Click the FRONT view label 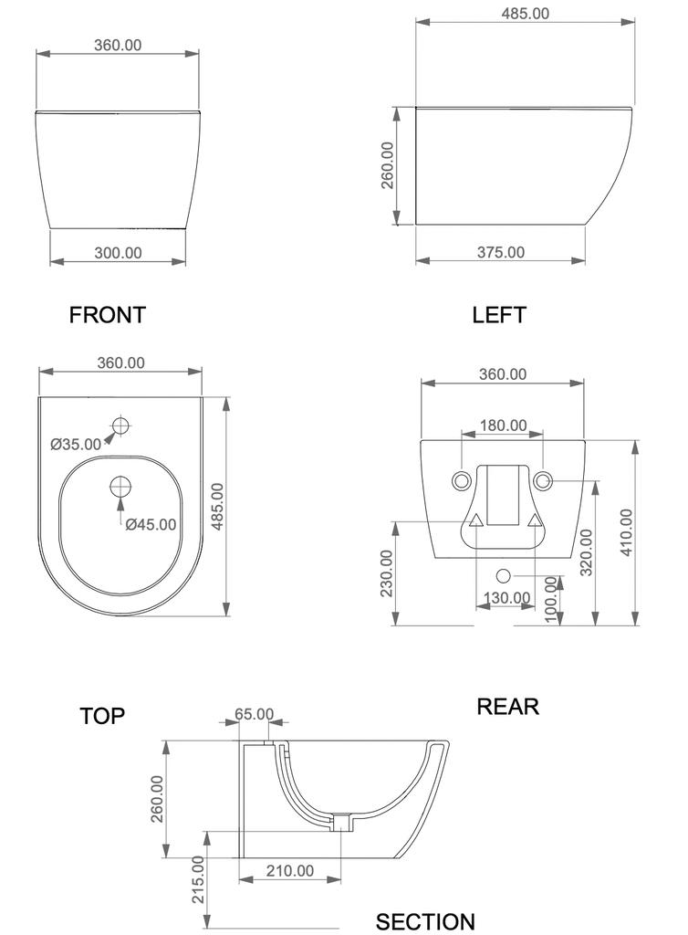click(x=108, y=315)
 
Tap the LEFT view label click(x=499, y=315)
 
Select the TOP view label click(x=102, y=716)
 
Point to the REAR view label click(x=508, y=707)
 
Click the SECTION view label click(x=425, y=922)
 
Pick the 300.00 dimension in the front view click(x=118, y=253)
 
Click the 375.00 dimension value click(x=501, y=252)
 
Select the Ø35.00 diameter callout click(x=76, y=445)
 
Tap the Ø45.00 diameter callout click(x=151, y=524)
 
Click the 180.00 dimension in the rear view click(x=504, y=425)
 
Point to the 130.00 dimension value click(x=507, y=597)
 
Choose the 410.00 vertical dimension click(x=627, y=532)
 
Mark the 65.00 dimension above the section click(x=255, y=714)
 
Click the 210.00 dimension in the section click(x=290, y=870)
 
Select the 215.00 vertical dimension click(x=198, y=879)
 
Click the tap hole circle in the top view click(x=121, y=425)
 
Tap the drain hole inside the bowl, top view click(x=121, y=487)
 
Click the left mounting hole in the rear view click(x=461, y=480)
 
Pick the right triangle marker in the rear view click(x=535, y=521)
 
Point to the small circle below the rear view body click(x=504, y=576)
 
